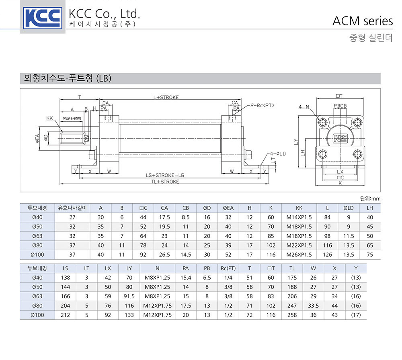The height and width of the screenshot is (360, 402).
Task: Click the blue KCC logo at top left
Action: click(43, 18)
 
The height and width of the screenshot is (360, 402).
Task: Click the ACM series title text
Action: click(363, 21)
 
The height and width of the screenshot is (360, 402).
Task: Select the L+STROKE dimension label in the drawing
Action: click(166, 97)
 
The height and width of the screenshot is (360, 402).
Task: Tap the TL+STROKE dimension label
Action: click(165, 182)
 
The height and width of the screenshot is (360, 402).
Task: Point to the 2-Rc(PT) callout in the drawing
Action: click(262, 105)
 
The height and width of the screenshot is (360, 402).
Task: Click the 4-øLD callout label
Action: click(278, 154)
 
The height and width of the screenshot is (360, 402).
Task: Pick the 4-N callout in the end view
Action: click(304, 107)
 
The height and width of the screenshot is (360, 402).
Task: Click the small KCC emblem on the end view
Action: click(340, 138)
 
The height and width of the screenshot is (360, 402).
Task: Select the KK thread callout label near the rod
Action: click(49, 118)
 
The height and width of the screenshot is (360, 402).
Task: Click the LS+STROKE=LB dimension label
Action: click(165, 175)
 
